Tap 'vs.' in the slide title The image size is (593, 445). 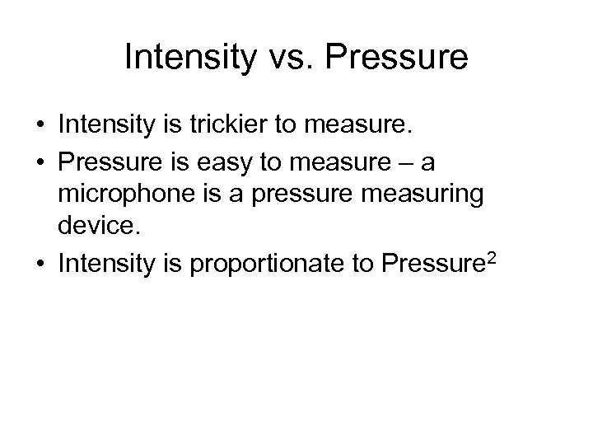pos(294,57)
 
